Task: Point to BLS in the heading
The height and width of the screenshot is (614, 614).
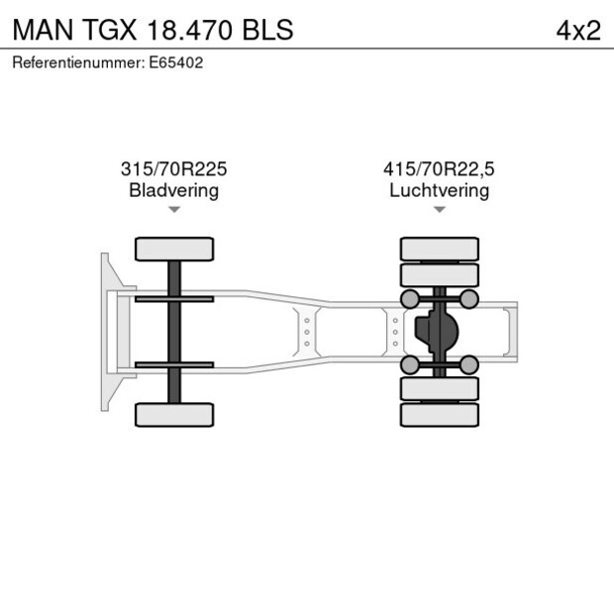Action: click(266, 30)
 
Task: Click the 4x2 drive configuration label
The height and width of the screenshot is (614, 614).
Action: click(578, 30)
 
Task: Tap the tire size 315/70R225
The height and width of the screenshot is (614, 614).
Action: click(173, 169)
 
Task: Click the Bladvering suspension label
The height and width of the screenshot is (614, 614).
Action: click(173, 190)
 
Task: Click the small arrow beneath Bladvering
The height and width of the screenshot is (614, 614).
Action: click(173, 210)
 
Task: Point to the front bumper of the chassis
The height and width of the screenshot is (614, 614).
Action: click(105, 332)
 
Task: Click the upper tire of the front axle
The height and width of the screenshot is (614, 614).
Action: click(174, 249)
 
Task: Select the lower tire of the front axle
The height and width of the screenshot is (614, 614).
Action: click(174, 414)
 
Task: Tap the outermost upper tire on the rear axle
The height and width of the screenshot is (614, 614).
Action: click(439, 248)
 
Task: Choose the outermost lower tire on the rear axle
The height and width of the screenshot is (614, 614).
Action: click(439, 415)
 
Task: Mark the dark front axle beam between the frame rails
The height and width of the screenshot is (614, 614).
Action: click(174, 332)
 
